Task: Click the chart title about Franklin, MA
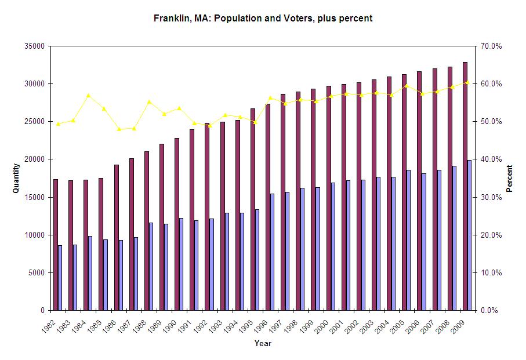(x=263, y=18)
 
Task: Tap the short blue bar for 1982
(x=60, y=278)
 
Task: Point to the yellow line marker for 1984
(x=88, y=95)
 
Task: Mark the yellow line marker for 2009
(x=467, y=82)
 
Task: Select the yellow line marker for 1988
(x=149, y=101)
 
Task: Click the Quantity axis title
(x=17, y=178)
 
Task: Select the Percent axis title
(x=510, y=178)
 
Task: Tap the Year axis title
(x=262, y=343)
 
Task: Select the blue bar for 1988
(x=151, y=266)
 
